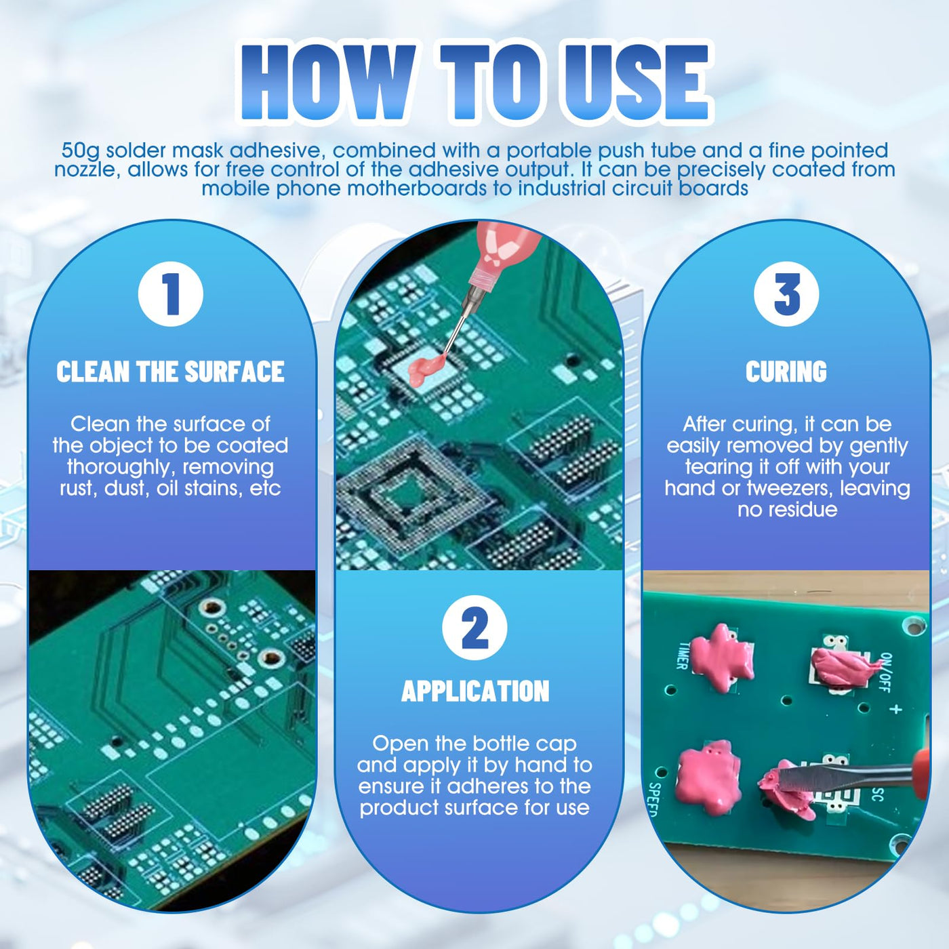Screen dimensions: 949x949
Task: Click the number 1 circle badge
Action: (170, 294)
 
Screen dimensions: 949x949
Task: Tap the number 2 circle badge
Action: (474, 628)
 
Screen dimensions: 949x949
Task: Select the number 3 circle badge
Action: (786, 294)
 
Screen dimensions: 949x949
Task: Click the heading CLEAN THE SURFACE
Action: (170, 372)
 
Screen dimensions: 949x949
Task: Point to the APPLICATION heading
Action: (475, 691)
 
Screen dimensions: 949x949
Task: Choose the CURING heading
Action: (786, 372)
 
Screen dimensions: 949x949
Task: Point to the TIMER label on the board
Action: (682, 655)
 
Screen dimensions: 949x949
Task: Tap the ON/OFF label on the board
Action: (885, 672)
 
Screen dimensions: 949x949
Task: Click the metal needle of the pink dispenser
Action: (458, 325)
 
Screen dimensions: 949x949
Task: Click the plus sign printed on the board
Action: (896, 709)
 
